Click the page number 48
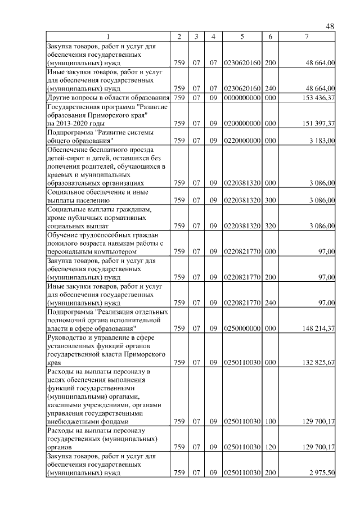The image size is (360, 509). click(330, 26)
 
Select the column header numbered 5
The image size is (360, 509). click(242, 37)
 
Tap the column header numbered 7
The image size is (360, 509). click(307, 37)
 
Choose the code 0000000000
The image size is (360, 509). click(242, 98)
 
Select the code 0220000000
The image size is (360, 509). click(242, 141)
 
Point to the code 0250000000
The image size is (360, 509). click(242, 328)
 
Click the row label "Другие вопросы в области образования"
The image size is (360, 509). click(109, 98)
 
